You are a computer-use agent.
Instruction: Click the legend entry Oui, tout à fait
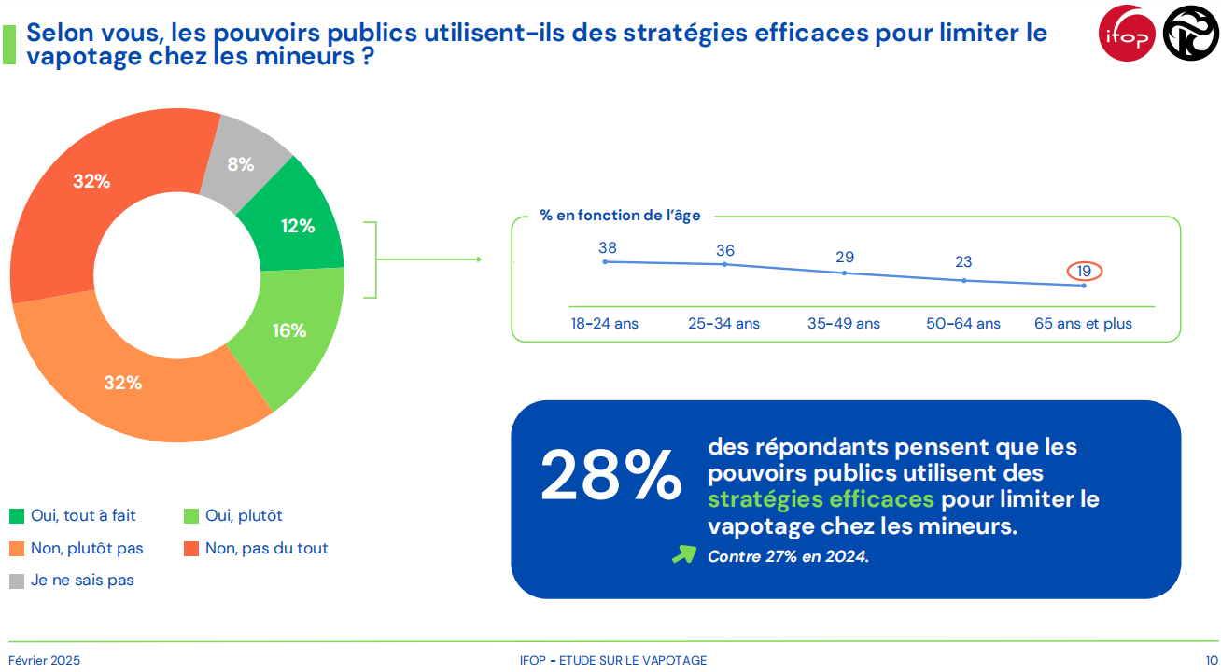point(83,515)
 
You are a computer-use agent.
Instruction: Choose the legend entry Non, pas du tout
point(266,548)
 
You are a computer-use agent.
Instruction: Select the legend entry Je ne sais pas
point(82,580)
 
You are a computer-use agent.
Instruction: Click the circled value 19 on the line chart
point(1084,271)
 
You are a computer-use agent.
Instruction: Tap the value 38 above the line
point(608,248)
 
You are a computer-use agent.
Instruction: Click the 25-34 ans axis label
point(724,324)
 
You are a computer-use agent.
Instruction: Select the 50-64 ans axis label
point(963,324)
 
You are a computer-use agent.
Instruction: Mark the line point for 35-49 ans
point(844,273)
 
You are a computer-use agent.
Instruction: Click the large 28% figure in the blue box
point(610,476)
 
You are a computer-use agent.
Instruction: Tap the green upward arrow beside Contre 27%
point(684,554)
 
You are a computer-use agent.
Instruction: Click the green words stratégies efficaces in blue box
point(821,499)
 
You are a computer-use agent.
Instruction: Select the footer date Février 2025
point(45,660)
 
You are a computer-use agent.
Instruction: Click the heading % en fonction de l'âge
point(620,216)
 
